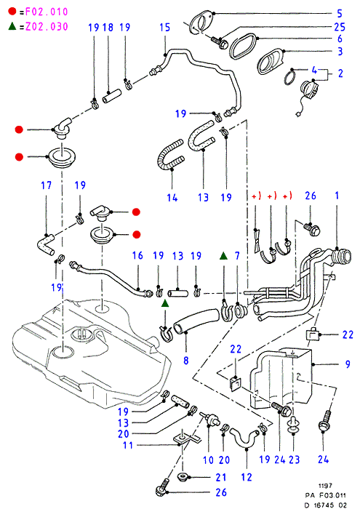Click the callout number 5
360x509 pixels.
click(340, 13)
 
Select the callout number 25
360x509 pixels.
click(340, 27)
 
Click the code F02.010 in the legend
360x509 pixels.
click(47, 12)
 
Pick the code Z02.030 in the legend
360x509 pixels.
click(47, 26)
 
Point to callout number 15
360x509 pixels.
click(165, 28)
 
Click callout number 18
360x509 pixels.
click(108, 28)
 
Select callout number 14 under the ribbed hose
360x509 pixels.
click(172, 197)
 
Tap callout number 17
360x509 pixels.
click(46, 185)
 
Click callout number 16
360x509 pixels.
click(137, 255)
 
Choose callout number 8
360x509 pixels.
click(186, 361)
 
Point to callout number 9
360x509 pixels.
click(348, 364)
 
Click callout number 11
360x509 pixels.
click(128, 445)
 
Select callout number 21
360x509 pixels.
click(221, 477)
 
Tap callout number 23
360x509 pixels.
click(294, 460)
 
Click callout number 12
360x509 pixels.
click(247, 477)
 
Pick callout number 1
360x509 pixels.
click(337, 196)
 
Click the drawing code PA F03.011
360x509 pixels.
click(325, 495)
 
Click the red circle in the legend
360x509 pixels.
click(12, 12)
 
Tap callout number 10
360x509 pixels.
click(209, 460)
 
